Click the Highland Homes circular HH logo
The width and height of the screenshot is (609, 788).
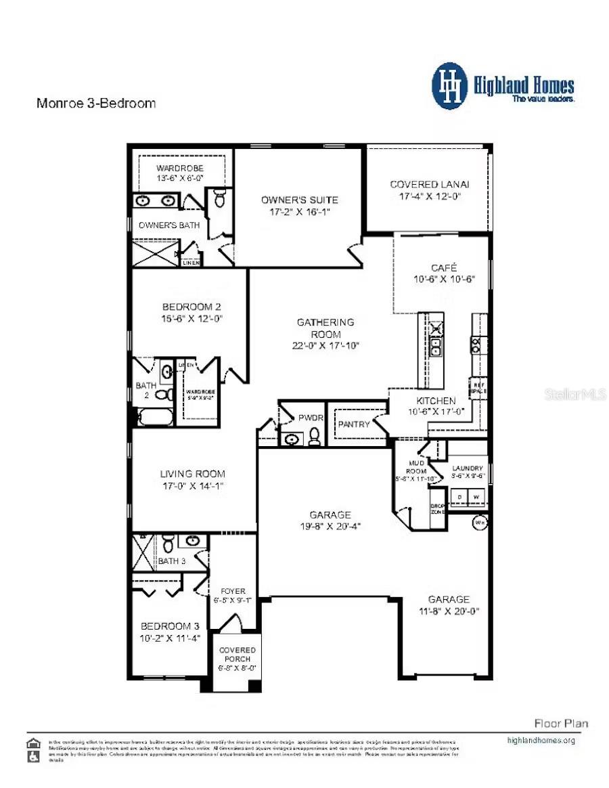click(450, 86)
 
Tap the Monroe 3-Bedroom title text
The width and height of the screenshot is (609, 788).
click(95, 104)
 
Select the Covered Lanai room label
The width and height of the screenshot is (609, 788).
click(430, 184)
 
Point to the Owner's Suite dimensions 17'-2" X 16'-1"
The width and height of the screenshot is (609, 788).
click(300, 212)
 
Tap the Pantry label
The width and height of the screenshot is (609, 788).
click(354, 424)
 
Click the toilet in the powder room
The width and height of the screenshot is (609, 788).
click(314, 437)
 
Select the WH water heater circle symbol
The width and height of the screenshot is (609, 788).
click(480, 522)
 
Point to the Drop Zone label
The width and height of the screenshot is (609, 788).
click(438, 509)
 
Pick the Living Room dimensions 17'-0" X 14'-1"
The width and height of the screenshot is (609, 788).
click(191, 485)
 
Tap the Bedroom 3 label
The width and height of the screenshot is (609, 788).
click(170, 626)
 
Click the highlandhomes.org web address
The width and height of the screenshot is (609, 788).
click(541, 740)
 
